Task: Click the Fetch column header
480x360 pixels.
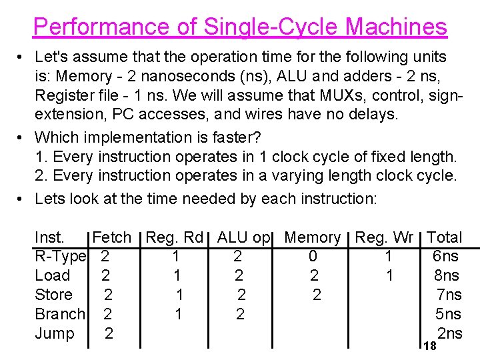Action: click(x=112, y=237)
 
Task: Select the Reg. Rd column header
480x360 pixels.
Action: click(x=174, y=237)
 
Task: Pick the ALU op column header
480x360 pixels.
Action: click(x=243, y=237)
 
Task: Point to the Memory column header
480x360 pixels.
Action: click(x=313, y=237)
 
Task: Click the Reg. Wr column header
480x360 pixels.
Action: click(x=385, y=237)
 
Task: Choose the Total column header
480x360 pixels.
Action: click(x=444, y=237)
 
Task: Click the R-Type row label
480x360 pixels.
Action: click(x=60, y=257)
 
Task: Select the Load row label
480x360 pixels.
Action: click(x=52, y=275)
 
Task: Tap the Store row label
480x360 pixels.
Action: click(x=53, y=295)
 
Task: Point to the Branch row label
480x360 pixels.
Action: click(x=60, y=314)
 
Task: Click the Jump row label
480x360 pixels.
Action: click(x=54, y=333)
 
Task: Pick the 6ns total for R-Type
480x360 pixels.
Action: click(x=445, y=257)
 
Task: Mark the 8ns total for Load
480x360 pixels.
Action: click(x=445, y=275)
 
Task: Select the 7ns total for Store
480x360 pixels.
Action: click(x=449, y=295)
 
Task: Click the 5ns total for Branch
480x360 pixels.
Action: click(x=449, y=314)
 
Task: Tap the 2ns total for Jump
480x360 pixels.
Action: click(x=450, y=333)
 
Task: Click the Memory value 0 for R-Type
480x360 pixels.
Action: click(x=313, y=257)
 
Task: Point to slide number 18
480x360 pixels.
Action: click(x=430, y=345)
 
